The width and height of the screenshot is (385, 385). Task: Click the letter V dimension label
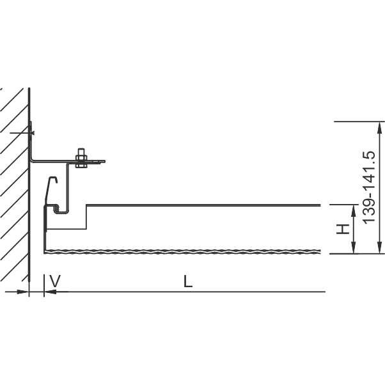click(55, 281)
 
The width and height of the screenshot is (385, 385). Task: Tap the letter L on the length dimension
click(188, 281)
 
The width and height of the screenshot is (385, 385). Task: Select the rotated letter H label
click(343, 229)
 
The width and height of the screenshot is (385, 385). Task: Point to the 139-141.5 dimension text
click(369, 187)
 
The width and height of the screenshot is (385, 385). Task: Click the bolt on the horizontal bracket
click(81, 158)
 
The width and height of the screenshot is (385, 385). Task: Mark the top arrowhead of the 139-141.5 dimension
click(380, 128)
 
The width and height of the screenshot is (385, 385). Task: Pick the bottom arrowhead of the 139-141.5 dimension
click(380, 247)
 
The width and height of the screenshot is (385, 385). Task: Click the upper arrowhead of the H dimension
click(353, 210)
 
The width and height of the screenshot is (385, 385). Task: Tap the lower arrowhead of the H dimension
click(353, 247)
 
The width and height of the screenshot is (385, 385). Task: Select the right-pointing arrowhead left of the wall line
click(22, 292)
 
